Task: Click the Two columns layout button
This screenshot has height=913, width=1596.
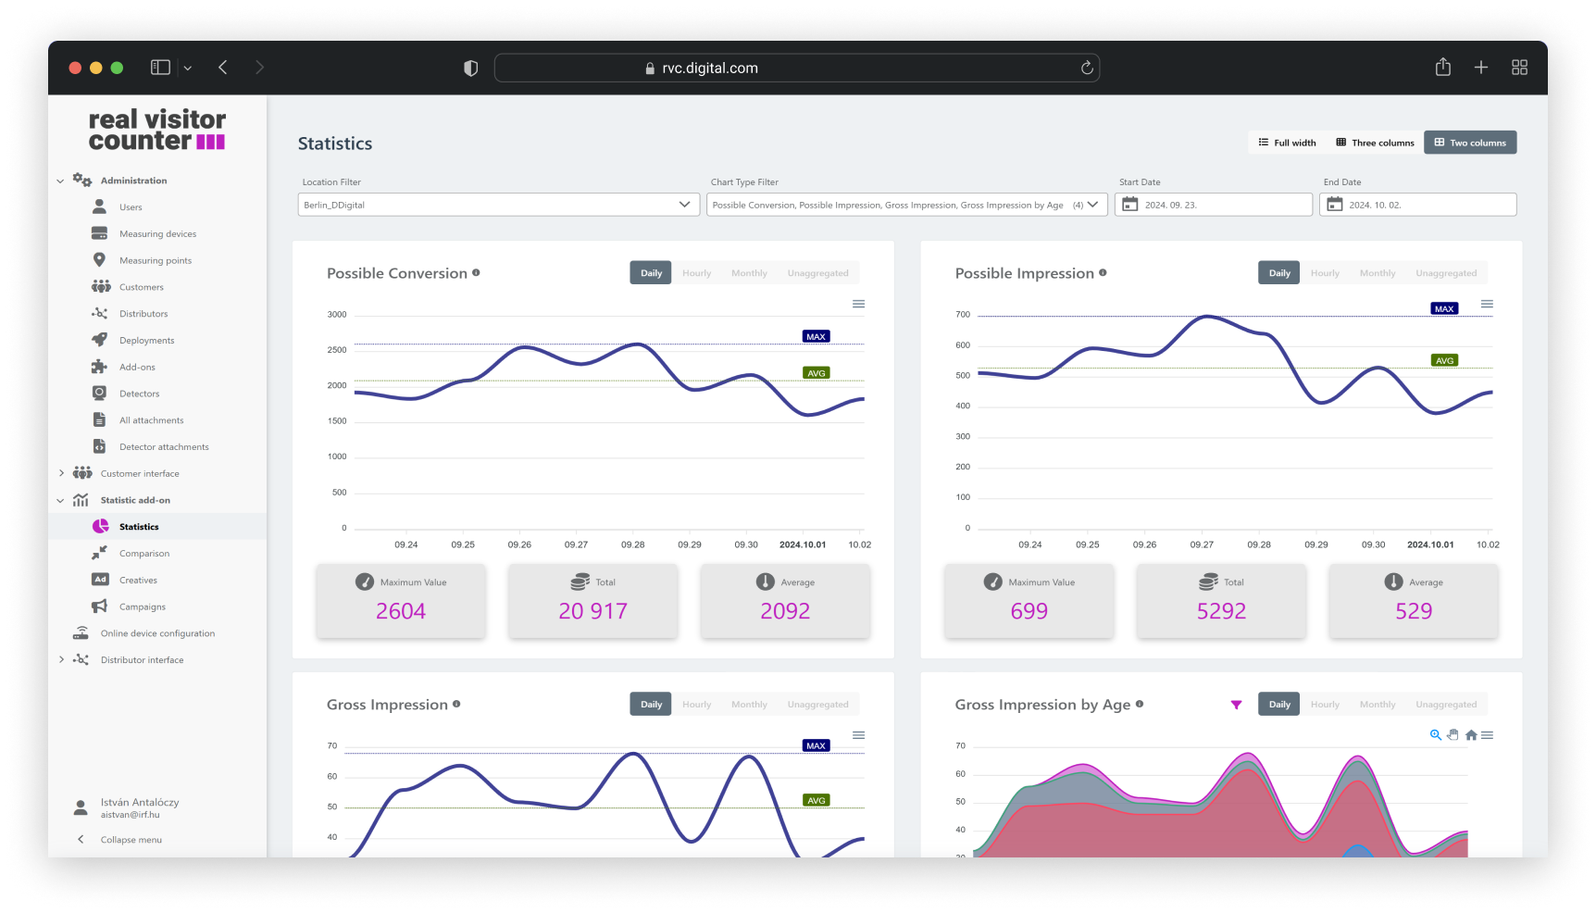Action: (1470, 143)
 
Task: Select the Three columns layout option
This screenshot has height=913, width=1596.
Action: (1375, 143)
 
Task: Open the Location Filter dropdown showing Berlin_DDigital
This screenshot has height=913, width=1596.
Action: (498, 205)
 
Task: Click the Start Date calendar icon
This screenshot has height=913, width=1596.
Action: (1129, 205)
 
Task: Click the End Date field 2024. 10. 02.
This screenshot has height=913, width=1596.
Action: (1417, 205)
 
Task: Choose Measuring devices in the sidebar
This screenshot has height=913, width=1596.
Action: (157, 234)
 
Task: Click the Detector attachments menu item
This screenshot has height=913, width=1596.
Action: (164, 447)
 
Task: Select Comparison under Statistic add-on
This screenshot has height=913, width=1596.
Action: (144, 554)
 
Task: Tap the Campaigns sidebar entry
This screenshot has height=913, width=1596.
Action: (143, 607)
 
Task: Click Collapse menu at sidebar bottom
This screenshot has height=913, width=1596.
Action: (131, 840)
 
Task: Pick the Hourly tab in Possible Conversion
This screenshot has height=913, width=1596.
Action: (696, 273)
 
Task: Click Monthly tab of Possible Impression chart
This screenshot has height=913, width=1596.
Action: (1377, 273)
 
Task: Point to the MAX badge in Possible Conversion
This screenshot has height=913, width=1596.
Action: (816, 337)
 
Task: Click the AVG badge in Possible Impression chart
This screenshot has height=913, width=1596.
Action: (1444, 361)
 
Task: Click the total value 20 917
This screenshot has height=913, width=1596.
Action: (592, 611)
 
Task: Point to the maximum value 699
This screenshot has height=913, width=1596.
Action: (1029, 611)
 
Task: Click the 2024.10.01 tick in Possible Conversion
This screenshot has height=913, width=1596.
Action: (802, 544)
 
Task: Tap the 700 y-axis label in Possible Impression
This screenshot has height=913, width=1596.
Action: (963, 315)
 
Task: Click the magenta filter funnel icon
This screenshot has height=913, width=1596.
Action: (1236, 705)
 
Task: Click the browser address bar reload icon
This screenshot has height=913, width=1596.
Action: (1087, 68)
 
